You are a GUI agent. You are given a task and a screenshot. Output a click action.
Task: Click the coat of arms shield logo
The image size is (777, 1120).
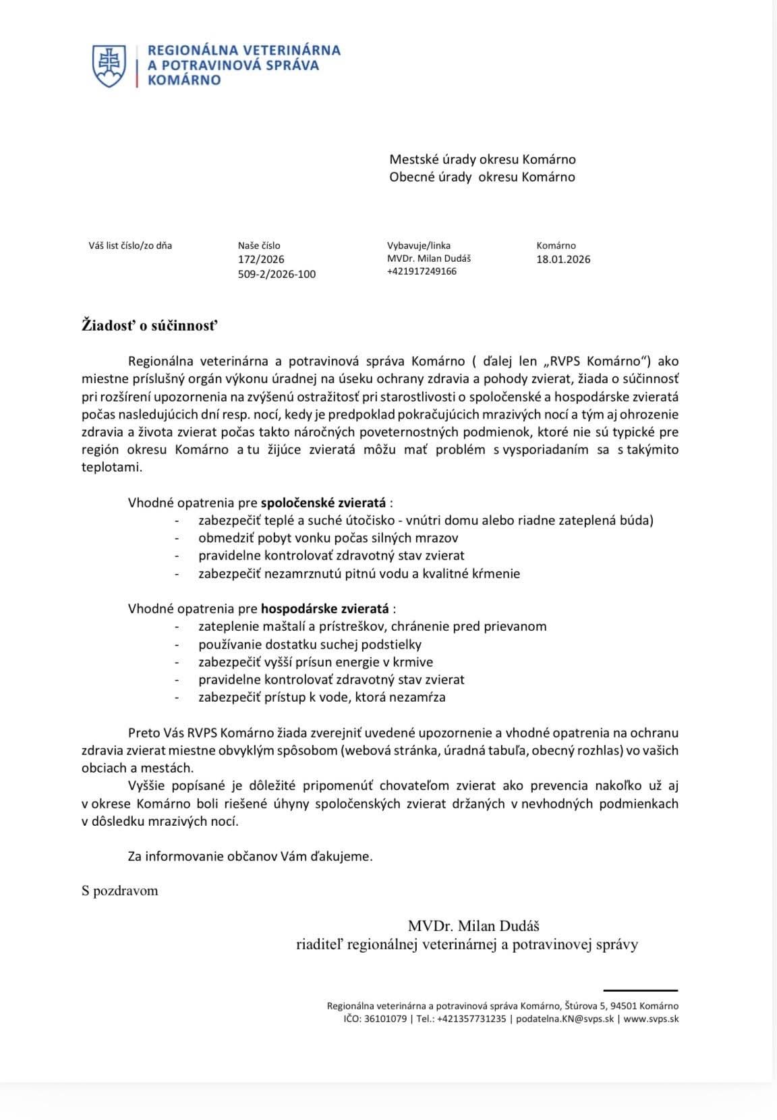pyautogui.click(x=109, y=65)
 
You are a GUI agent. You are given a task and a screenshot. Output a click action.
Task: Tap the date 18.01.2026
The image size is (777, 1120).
pyautogui.click(x=563, y=259)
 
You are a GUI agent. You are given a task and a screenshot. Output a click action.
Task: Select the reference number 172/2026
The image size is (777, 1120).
pyautogui.click(x=261, y=259)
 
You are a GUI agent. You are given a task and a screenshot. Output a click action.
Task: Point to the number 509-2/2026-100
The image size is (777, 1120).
pyautogui.click(x=277, y=274)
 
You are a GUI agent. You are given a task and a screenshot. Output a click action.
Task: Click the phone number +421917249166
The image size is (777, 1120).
pyautogui.click(x=422, y=271)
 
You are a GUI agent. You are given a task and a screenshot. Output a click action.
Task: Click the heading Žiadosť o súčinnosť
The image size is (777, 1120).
pyautogui.click(x=150, y=326)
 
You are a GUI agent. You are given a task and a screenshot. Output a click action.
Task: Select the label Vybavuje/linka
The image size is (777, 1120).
pyautogui.click(x=418, y=246)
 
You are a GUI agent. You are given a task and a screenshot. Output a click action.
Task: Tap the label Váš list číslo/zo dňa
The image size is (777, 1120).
pyautogui.click(x=130, y=246)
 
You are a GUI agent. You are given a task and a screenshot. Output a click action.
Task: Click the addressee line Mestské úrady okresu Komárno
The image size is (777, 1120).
pyautogui.click(x=482, y=160)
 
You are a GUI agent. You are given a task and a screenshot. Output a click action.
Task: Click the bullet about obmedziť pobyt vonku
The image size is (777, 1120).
pyautogui.click(x=328, y=538)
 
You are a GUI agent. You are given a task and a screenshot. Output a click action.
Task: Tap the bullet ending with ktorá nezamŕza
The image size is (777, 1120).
pyautogui.click(x=322, y=697)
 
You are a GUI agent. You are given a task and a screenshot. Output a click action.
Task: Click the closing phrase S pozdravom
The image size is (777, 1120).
pyautogui.click(x=120, y=891)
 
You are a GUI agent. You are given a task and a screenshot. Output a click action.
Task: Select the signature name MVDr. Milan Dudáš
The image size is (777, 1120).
pyautogui.click(x=473, y=926)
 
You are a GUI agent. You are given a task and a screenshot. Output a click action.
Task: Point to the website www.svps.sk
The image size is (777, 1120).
pyautogui.click(x=651, y=1019)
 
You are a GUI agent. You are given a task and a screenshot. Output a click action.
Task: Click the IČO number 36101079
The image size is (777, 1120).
pyautogui.click(x=385, y=1019)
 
